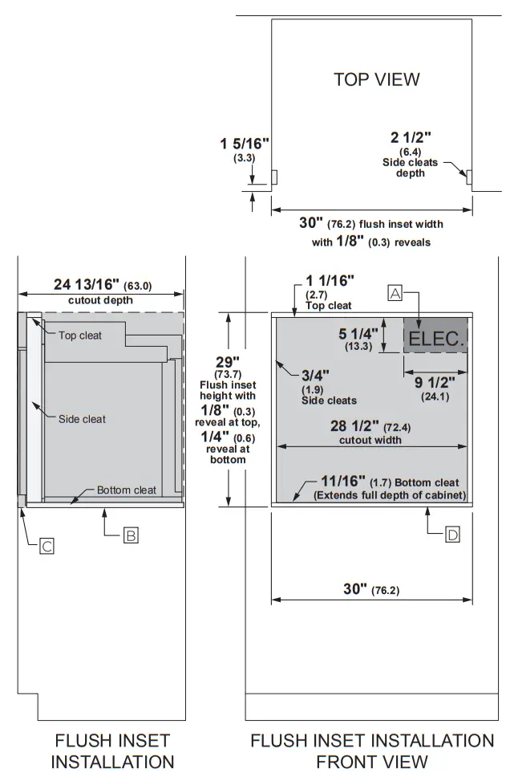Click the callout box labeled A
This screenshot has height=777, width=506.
click(x=395, y=293)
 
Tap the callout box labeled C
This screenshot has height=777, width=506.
click(x=47, y=547)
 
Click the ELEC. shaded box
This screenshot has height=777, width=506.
click(x=435, y=338)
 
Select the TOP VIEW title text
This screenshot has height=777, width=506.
click(x=376, y=79)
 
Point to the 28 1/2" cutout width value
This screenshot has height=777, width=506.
click(x=355, y=426)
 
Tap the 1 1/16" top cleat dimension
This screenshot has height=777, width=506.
click(x=328, y=281)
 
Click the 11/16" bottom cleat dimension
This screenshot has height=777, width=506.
click(x=342, y=482)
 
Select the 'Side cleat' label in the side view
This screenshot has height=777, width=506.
click(x=82, y=418)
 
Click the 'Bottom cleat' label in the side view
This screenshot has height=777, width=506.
click(x=127, y=490)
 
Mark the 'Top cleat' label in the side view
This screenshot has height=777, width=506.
click(x=80, y=335)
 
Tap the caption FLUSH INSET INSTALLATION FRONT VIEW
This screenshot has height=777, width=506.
click(x=372, y=750)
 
